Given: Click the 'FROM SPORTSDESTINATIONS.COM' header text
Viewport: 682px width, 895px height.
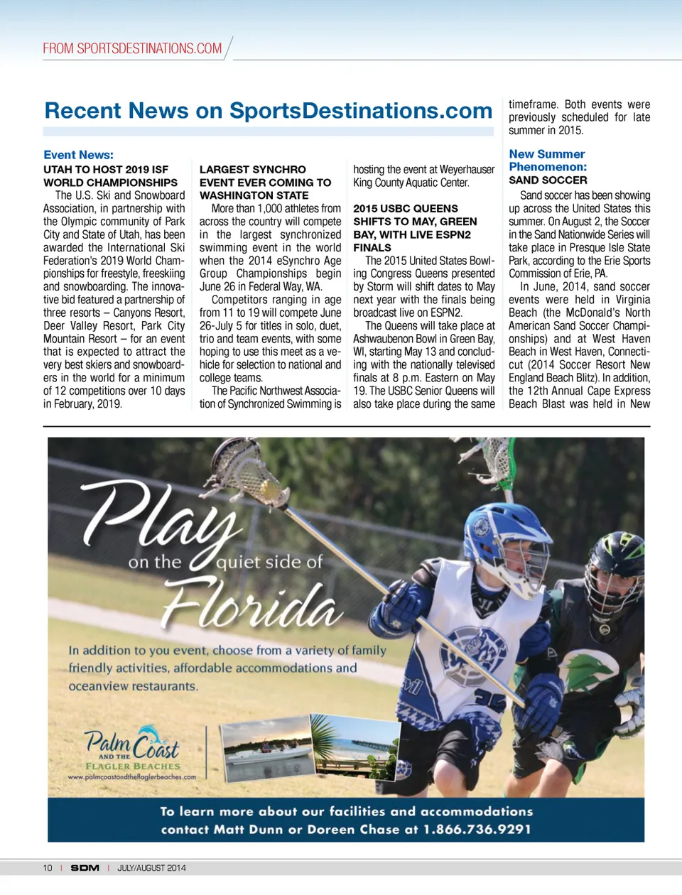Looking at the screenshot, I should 132,48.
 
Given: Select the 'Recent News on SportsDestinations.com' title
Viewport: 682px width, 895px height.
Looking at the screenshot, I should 268,111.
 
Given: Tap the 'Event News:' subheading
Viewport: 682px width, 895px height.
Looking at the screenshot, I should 78,155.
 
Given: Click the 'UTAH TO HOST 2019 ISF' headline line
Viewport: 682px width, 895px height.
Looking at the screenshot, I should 106,170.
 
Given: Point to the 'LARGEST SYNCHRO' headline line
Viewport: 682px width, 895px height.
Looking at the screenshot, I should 252,170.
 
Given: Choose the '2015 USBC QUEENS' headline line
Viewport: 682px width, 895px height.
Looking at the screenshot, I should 405,209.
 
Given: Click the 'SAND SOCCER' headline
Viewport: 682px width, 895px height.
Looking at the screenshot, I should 548,180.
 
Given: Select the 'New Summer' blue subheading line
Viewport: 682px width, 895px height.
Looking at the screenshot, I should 546,154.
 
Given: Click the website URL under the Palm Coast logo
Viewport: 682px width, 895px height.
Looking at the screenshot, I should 132,777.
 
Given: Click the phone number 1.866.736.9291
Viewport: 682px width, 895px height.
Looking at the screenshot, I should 477,830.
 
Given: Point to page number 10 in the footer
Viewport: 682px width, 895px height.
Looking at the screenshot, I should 48,868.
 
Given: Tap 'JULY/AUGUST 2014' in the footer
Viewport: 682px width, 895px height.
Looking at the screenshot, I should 151,868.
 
